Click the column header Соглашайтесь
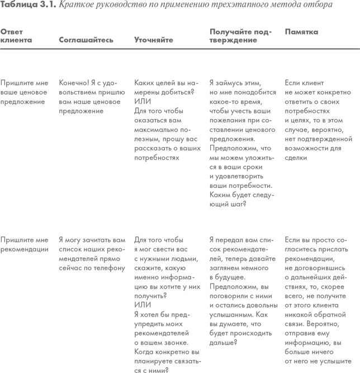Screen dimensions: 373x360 (86, 40)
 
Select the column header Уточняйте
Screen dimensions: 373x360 (154, 40)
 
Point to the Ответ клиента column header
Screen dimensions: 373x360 (17, 36)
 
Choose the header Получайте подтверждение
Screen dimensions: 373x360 (240, 36)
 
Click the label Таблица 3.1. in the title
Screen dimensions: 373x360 (28, 4)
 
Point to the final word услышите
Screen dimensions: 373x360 (327, 362)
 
